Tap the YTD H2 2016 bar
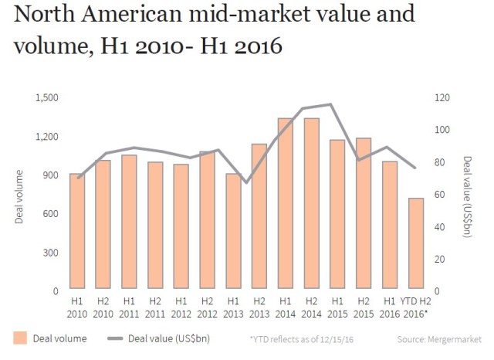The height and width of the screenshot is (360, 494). pos(416,245)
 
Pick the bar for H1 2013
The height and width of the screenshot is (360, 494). pos(233,232)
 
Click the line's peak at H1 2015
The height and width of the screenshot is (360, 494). pos(331,104)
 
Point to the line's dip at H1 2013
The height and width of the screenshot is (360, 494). pos(245,183)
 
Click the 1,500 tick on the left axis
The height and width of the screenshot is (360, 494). pos(47,97)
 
